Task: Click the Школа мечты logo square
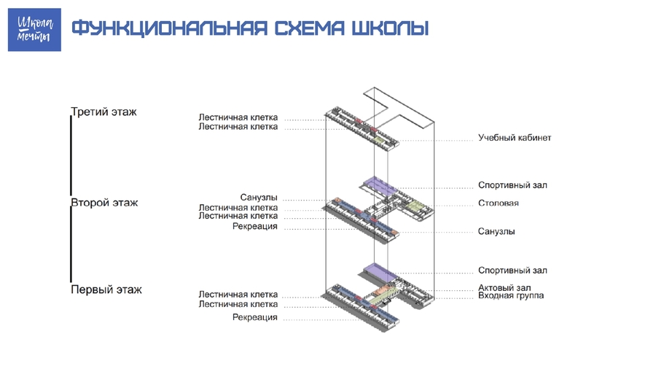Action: coord(34,30)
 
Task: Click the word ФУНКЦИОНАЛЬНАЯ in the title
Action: coord(169,28)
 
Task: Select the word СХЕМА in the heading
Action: coord(310,28)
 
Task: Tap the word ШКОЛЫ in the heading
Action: coord(391,28)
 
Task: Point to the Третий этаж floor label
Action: coord(104,112)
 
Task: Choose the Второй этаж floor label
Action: coord(104,203)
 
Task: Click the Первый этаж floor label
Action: coord(106,290)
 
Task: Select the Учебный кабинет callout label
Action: coord(515,138)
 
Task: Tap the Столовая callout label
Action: coord(499,203)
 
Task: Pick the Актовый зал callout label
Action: coord(504,287)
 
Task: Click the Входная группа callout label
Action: coord(511,296)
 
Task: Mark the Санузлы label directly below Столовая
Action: coord(496,231)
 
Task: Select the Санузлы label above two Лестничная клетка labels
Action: coord(259,198)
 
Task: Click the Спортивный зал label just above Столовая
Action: coord(512,185)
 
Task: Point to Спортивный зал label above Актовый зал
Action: coord(512,271)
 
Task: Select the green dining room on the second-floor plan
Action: coord(416,206)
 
